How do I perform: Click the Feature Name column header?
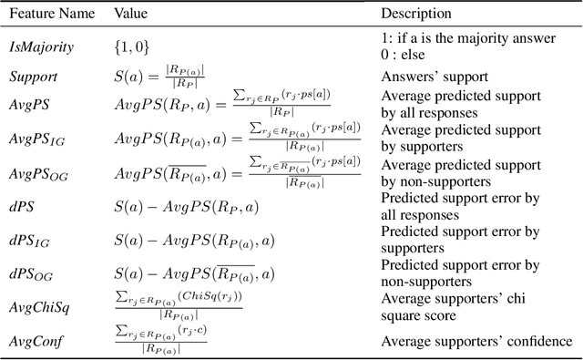tap(48, 15)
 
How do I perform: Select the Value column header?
tap(132, 15)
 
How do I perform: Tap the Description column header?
tap(415, 15)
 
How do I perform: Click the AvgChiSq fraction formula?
tap(178, 307)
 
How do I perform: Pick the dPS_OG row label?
tap(29, 273)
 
